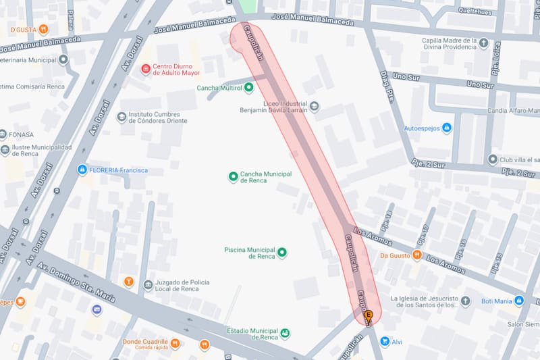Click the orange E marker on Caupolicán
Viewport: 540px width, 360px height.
click(x=369, y=315)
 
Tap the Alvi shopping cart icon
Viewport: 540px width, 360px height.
click(x=384, y=342)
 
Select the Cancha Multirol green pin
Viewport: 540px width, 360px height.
click(x=248, y=87)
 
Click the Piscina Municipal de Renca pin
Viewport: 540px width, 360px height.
click(x=282, y=253)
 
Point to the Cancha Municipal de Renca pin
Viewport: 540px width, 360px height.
click(x=234, y=177)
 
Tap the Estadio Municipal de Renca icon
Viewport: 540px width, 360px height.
click(x=286, y=334)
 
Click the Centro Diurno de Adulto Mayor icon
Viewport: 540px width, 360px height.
click(x=145, y=69)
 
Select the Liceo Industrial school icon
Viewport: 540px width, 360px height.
click(x=315, y=106)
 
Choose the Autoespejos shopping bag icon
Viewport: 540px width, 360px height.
click(x=446, y=127)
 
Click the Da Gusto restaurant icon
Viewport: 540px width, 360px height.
click(x=417, y=255)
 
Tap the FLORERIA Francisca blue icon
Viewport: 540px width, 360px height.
click(x=82, y=170)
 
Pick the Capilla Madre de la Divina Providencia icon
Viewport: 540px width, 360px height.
click(x=483, y=43)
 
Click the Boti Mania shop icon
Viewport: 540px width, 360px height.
click(x=518, y=301)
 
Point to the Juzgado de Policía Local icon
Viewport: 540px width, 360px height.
click(x=148, y=284)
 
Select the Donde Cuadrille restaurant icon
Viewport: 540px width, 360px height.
click(x=175, y=344)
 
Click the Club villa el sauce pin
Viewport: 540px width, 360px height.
click(x=493, y=159)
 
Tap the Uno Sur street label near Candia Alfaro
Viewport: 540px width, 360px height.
click(x=480, y=84)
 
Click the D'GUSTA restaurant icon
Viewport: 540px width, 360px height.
click(x=43, y=29)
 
